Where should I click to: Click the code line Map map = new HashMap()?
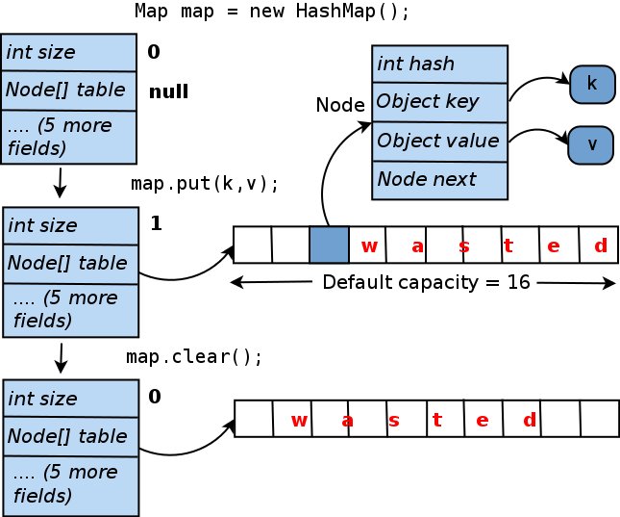coord(272,13)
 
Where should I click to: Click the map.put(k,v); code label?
coord(204,183)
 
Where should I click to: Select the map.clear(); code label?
coord(194,356)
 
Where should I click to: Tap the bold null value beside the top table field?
coord(168,92)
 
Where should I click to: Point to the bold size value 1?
coord(156,223)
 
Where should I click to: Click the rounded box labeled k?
coord(591,85)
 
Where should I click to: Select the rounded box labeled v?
coord(591,144)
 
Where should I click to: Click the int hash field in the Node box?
coord(437,65)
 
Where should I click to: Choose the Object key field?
coord(437,102)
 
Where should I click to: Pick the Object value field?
coord(437,141)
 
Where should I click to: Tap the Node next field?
coord(437,179)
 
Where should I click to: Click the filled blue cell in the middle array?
coord(329,246)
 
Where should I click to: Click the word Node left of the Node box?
coord(340,105)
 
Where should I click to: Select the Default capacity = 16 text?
coord(426,283)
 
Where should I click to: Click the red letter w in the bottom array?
coord(299,420)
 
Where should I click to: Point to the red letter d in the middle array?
coord(600,246)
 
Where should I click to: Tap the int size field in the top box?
coord(70,52)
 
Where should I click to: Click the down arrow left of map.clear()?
coord(61,357)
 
